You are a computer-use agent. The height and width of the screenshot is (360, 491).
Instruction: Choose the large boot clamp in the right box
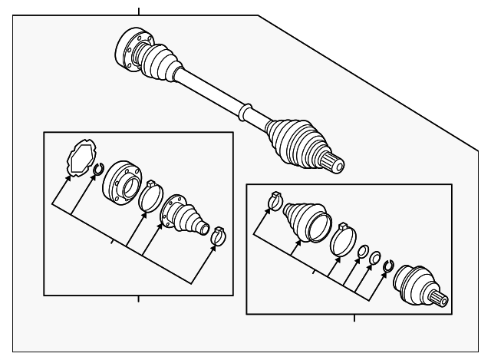(342, 238)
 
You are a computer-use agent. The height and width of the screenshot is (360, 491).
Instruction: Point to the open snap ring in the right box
(388, 266)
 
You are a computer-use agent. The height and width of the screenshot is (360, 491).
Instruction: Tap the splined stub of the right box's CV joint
(440, 299)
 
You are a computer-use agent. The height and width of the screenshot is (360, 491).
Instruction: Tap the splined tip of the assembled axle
(334, 162)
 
